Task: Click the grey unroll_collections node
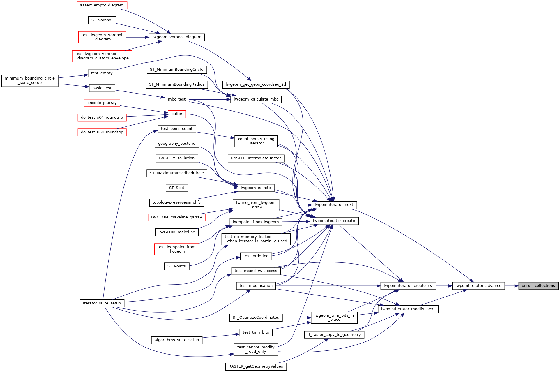[538, 286]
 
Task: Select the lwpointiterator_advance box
[478, 286]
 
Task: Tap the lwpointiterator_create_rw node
[408, 286]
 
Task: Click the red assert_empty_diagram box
[102, 5]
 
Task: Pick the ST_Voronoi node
[102, 20]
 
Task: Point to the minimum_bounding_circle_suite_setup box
[30, 80]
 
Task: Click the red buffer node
[177, 114]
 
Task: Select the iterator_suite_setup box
[102, 303]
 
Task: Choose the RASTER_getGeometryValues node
[256, 366]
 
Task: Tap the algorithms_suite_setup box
[177, 340]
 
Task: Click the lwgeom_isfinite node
[256, 188]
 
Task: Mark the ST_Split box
[177, 188]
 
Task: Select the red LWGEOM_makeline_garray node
[176, 217]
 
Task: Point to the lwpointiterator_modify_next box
[408, 309]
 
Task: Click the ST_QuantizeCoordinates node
[256, 318]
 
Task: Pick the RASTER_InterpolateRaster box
[256, 158]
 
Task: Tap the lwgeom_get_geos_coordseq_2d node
[256, 84]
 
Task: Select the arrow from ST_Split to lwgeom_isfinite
[213, 188]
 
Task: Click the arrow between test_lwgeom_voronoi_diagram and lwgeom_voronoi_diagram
[137, 37]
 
